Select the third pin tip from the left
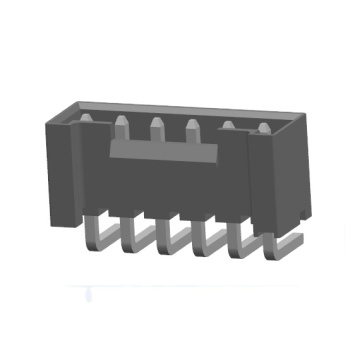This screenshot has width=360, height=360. pos(157,126)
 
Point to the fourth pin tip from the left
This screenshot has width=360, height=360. pos(192,127)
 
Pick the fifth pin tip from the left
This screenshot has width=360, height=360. pos(229,127)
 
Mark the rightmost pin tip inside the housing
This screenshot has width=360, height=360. pos(263,128)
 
